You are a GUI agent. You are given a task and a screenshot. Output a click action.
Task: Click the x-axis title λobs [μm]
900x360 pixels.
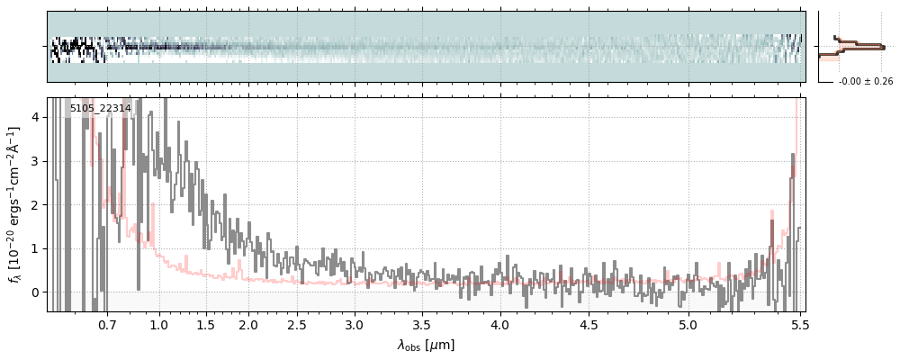[x=426, y=345]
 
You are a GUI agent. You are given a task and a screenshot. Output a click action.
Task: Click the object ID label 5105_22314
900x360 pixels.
[x=100, y=109]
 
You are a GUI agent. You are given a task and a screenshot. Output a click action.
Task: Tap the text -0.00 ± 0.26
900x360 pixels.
[x=866, y=82]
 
